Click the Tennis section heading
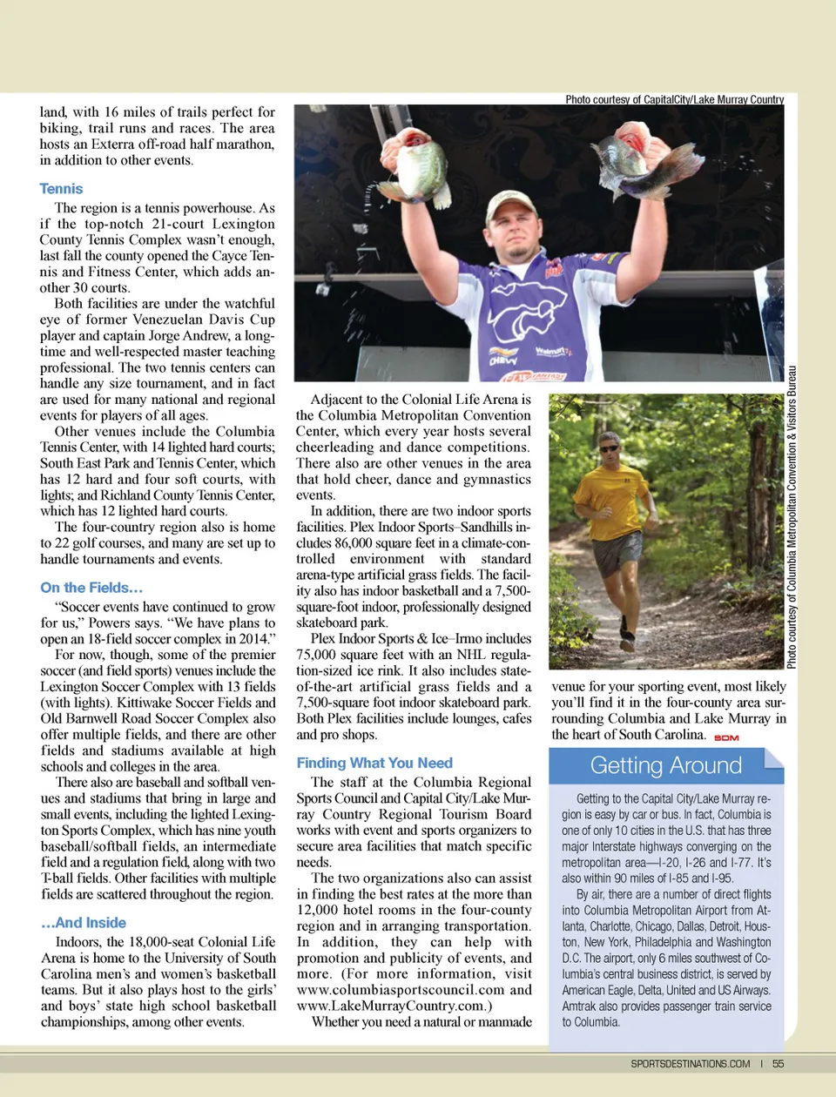(x=61, y=189)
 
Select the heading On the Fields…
(x=91, y=588)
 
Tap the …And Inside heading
(x=84, y=923)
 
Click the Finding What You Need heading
(x=374, y=763)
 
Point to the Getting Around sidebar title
(x=666, y=765)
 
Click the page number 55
(x=778, y=1063)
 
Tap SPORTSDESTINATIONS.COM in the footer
(x=690, y=1063)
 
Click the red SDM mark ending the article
(x=726, y=737)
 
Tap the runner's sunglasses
(x=610, y=448)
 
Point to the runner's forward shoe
(x=626, y=643)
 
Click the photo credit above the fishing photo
(x=674, y=99)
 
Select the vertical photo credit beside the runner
(x=792, y=518)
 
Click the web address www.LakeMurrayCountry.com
(x=390, y=1006)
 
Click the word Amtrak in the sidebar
(x=580, y=1006)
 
